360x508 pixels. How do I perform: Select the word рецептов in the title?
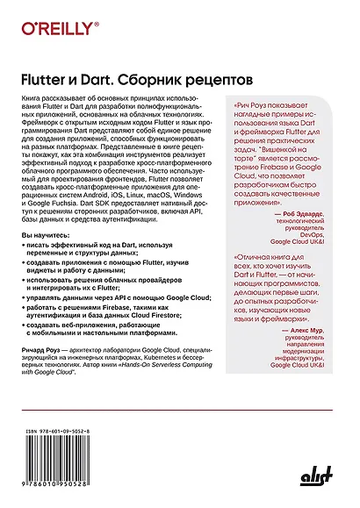coord(205,80)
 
